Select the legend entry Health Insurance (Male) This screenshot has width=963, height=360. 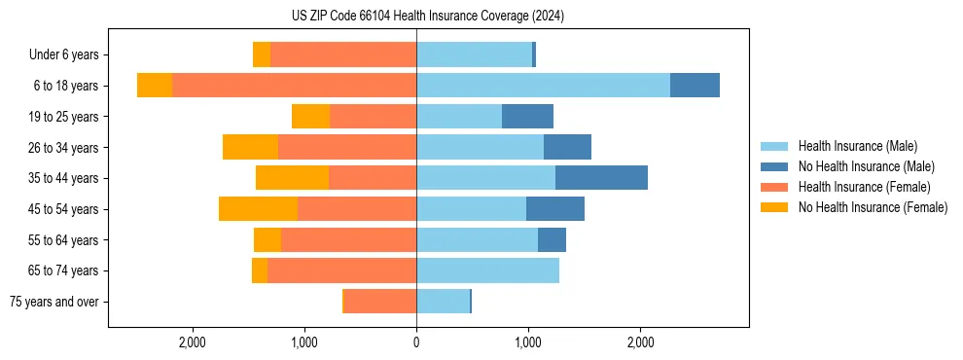pyautogui.click(x=857, y=146)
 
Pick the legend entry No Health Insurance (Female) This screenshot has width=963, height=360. pyautogui.click(x=873, y=207)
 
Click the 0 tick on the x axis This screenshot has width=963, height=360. pyautogui.click(x=416, y=342)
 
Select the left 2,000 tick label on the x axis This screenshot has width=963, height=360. pyautogui.click(x=193, y=342)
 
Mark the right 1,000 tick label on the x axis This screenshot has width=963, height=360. pyautogui.click(x=528, y=342)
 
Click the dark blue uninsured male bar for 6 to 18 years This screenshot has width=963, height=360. pyautogui.click(x=695, y=86)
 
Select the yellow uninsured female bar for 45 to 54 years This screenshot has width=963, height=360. pyautogui.click(x=258, y=209)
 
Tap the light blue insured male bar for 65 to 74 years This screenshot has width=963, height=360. pyautogui.click(x=487, y=270)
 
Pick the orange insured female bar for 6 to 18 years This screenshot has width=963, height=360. pyautogui.click(x=294, y=86)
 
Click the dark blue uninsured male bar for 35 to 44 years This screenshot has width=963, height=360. pyautogui.click(x=601, y=178)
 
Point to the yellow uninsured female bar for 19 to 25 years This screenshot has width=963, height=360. pyautogui.click(x=310, y=117)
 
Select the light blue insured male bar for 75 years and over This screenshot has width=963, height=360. pyautogui.click(x=443, y=302)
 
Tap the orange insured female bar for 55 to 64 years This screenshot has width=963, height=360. pyautogui.click(x=348, y=239)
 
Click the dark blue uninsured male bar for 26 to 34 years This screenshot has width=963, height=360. pyautogui.click(x=567, y=147)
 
